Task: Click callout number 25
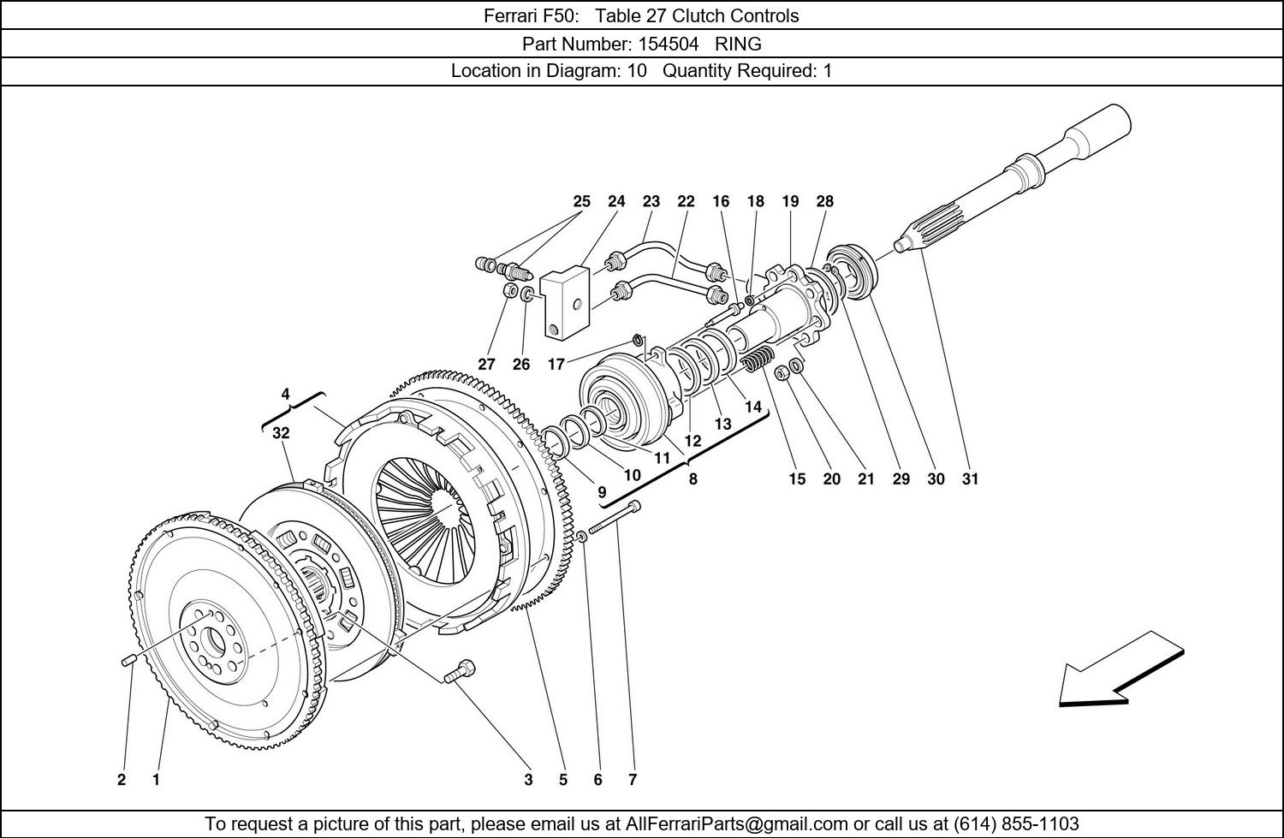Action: pos(581,201)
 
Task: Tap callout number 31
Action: pos(970,478)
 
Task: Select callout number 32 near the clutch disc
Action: pos(281,433)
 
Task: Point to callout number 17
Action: pos(556,364)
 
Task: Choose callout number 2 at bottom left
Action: pos(122,780)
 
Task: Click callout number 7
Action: pos(633,780)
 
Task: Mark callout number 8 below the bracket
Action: pos(693,478)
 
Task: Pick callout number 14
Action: pos(752,407)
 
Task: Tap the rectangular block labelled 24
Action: pos(567,304)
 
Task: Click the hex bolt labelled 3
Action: pos(460,671)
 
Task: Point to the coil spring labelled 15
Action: pos(756,361)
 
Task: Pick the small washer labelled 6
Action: pos(581,537)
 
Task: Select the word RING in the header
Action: pos(738,44)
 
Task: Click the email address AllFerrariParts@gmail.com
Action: pos(736,823)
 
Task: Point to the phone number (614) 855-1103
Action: pos(1016,823)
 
